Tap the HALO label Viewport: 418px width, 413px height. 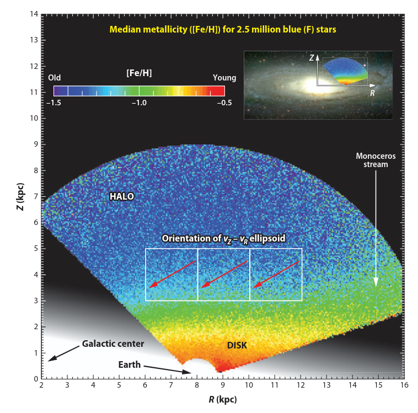pos(121,196)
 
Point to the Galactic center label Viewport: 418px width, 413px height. pos(112,344)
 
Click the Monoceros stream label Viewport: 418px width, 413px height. pos(376,160)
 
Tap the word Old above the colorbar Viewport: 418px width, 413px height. pos(55,78)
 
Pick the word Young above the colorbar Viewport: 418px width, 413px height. pos(224,78)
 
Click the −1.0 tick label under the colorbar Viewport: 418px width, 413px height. pos(139,103)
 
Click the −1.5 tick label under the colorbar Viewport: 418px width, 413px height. pos(56,103)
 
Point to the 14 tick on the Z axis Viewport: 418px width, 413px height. pos(34,14)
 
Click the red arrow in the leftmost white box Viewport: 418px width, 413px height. pos(172,275)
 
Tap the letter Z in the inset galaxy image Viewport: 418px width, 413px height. pos(312,57)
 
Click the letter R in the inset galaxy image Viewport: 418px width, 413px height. pos(373,94)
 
